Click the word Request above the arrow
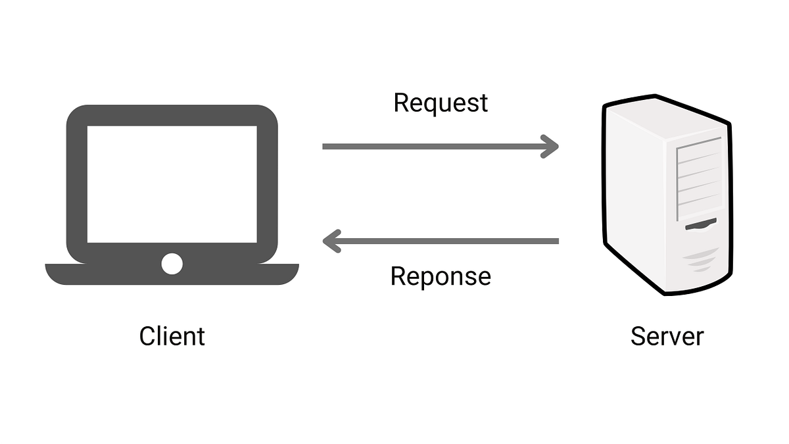(441, 103)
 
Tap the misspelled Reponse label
(441, 276)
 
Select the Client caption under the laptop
(172, 336)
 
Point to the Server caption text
(667, 336)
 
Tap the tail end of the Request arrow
(326, 146)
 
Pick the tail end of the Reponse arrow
(555, 241)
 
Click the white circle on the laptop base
(172, 264)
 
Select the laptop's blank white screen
(172, 184)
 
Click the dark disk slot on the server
(701, 226)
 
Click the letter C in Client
(147, 336)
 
